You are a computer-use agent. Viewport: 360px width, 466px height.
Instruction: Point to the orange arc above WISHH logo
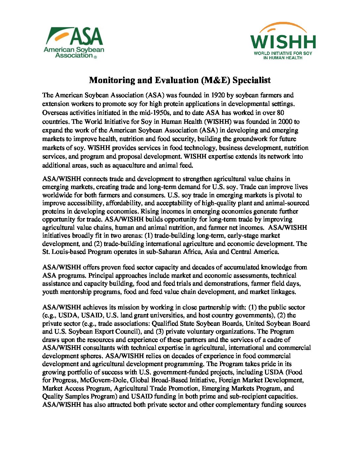[283, 26]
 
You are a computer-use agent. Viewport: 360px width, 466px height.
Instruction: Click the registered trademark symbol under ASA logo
[95, 57]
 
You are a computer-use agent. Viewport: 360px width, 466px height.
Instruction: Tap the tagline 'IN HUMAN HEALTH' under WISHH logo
[283, 58]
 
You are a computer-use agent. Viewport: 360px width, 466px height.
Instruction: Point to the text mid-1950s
[154, 113]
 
